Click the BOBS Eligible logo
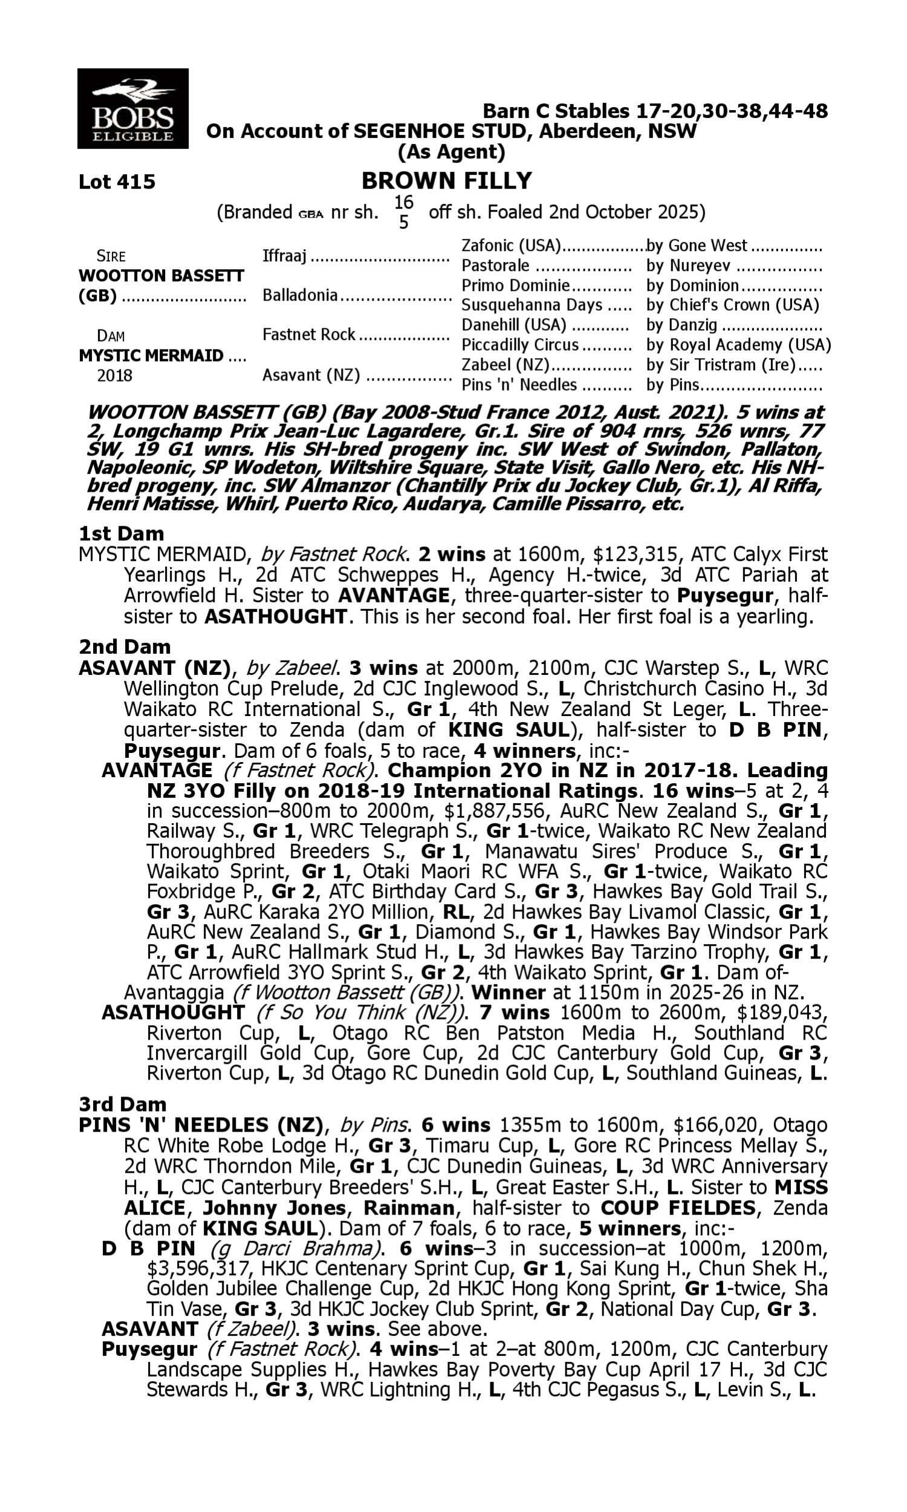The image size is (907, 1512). click(132, 109)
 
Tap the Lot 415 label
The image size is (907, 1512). click(117, 181)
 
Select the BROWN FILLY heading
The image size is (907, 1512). click(447, 181)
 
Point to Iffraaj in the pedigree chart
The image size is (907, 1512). click(284, 256)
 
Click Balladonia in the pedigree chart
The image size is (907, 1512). click(300, 296)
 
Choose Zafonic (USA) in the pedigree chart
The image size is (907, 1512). click(511, 246)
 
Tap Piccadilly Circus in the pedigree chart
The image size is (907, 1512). click(519, 345)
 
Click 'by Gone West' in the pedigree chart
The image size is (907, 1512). click(697, 246)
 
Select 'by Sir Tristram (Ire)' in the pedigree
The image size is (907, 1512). click(721, 365)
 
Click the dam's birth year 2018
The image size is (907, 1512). click(115, 376)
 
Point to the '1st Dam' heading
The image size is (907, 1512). click(121, 533)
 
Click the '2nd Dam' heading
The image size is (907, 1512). click(124, 647)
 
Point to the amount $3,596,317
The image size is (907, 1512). click(186, 1269)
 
